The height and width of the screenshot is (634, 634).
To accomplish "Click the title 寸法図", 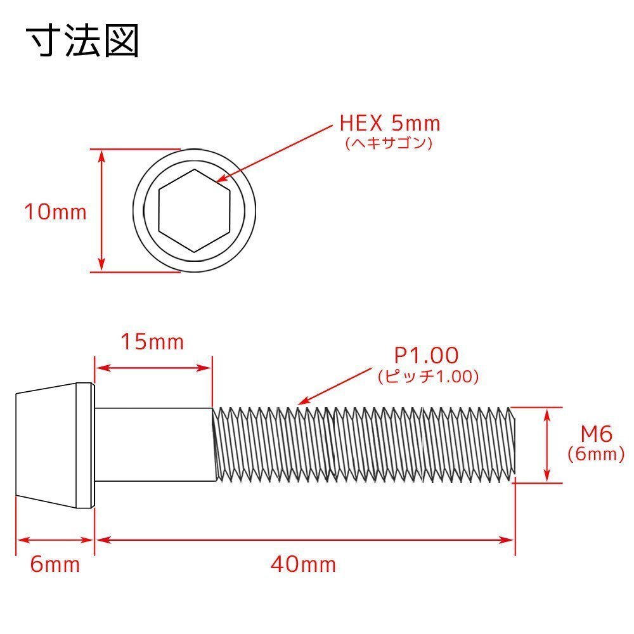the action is (x=83, y=40).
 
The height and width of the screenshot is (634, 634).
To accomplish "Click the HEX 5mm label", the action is (x=390, y=124).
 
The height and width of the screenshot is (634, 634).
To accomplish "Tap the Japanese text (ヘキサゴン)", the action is (x=389, y=143).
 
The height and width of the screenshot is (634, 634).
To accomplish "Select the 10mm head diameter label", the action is (x=55, y=212).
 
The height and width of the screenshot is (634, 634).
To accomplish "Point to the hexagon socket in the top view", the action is (x=195, y=210).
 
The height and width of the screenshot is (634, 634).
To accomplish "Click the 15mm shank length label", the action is (x=152, y=342).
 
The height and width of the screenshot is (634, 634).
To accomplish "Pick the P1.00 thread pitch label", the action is (x=427, y=356).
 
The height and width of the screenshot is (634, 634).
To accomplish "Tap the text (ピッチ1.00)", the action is (x=429, y=377).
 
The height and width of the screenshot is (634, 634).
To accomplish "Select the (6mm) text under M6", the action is (x=597, y=454).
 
